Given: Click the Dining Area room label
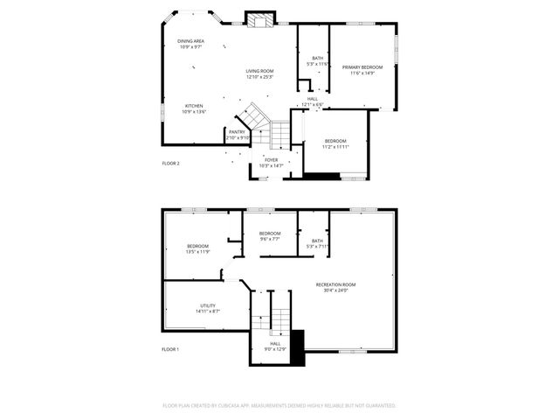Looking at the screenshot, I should tap(190, 44).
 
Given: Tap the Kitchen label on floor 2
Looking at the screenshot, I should tap(194, 108).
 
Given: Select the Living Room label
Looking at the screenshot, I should tap(259, 73).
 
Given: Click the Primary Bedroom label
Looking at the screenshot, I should tap(362, 69).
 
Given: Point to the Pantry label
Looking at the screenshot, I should tap(238, 135).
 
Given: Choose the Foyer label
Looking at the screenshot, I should tap(272, 163).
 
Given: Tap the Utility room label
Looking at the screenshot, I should tap(208, 308).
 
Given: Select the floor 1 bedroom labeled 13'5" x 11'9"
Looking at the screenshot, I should tap(197, 248).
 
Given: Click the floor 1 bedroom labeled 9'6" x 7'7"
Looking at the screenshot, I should tap(269, 235).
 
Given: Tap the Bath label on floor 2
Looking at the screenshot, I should tap(317, 60).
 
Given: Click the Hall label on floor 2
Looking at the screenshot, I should tap(313, 101).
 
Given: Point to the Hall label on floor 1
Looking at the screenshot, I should tap(275, 346).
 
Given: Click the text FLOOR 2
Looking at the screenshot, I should tap(170, 164).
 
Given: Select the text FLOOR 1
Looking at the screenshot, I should tap(170, 349).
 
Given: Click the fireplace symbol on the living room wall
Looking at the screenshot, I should tap(259, 19).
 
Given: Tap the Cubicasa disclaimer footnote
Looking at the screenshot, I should tap(279, 405).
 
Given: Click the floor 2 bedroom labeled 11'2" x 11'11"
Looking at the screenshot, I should tap(336, 143).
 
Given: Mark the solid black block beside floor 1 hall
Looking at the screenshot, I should tap(298, 346).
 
